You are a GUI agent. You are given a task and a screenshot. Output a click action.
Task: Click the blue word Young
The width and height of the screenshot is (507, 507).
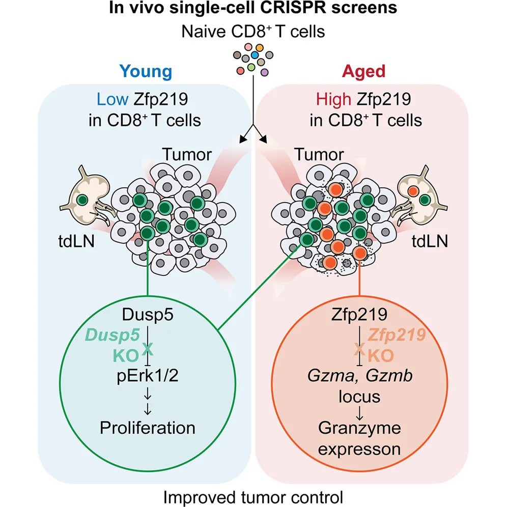tap(146, 72)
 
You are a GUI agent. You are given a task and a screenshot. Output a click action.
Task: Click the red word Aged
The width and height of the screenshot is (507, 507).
tap(363, 72)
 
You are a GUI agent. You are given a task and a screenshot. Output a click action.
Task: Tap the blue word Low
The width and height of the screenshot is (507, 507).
tap(112, 99)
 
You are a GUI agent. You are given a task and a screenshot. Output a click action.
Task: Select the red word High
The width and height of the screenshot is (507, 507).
tap(333, 99)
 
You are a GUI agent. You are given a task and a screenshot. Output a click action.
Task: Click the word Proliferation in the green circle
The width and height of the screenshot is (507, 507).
tap(148, 428)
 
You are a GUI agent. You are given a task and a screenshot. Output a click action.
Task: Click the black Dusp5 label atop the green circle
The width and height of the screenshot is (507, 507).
tap(148, 315)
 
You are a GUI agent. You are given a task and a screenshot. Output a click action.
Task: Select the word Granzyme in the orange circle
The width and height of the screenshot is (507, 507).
tap(359, 428)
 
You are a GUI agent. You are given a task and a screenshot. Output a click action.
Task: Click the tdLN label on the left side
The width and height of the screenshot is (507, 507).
tap(76, 241)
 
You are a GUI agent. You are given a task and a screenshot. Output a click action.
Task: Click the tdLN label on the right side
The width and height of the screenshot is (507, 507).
tap(430, 241)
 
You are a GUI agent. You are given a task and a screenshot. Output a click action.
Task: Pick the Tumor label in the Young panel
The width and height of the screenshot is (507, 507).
tap(187, 154)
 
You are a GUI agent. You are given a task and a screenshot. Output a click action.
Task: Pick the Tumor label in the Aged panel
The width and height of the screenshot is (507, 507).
tap(319, 154)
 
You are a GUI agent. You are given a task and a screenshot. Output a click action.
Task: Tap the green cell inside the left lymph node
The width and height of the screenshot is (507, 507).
tap(82, 200)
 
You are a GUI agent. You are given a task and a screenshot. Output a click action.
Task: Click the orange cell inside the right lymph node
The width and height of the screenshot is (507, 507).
tap(413, 191)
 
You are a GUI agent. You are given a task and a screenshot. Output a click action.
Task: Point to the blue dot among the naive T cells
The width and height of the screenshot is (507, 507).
tap(255, 55)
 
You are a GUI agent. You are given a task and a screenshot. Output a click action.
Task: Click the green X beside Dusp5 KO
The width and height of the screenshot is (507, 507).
tap(148, 349)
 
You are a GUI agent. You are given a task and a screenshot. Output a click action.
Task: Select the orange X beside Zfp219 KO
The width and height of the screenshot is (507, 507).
tap(359, 349)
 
